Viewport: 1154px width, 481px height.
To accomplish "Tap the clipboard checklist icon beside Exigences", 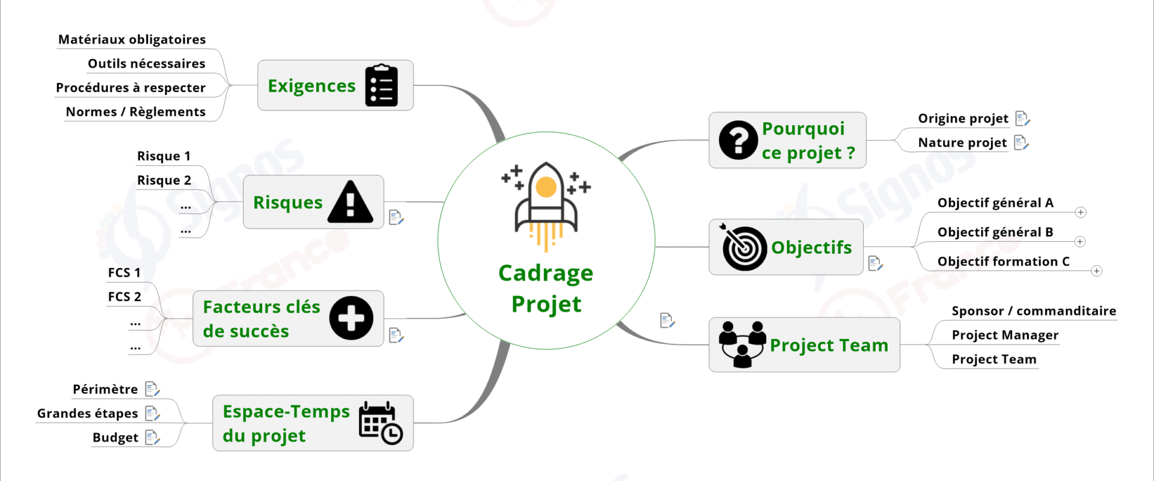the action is (x=382, y=85).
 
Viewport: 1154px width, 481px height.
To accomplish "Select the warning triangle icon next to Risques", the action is (x=350, y=202).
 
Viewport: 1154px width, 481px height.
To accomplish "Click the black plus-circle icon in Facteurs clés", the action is (x=351, y=318).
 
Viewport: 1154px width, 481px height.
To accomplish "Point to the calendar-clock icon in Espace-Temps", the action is (x=380, y=423).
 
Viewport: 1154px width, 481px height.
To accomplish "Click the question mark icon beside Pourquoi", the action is (x=738, y=140).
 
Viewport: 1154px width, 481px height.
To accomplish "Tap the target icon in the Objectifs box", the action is (x=743, y=247).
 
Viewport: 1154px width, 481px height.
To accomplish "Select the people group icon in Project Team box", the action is (x=743, y=345).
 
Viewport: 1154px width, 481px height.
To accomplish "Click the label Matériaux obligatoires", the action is (x=132, y=40).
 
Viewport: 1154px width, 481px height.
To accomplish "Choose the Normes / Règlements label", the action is (x=136, y=112).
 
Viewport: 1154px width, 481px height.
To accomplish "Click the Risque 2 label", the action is (x=164, y=180).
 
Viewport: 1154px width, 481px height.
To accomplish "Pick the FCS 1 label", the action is (x=124, y=273).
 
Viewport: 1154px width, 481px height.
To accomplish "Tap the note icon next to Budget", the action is (x=153, y=438).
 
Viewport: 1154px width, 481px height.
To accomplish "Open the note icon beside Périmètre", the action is (x=153, y=390).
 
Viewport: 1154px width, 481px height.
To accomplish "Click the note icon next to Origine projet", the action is (x=1022, y=118).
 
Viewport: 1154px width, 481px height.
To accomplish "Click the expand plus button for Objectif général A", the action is (x=1081, y=212).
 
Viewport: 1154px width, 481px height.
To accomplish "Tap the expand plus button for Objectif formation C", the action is (x=1097, y=271).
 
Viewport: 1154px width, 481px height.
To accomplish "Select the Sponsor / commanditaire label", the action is (x=1034, y=311).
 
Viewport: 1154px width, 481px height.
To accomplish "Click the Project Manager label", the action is (x=1005, y=335).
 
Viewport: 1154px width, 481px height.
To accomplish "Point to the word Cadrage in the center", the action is (x=546, y=274).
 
